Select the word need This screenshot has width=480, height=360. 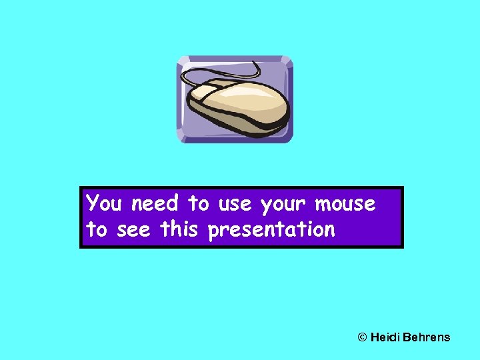click(x=154, y=203)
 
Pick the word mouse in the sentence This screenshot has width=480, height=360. click(x=345, y=203)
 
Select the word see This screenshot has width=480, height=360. click(x=133, y=231)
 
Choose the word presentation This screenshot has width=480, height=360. click(x=271, y=231)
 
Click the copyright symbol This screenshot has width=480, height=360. click(x=363, y=337)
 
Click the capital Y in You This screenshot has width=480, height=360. click(x=93, y=202)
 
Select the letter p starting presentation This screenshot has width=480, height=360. click(x=213, y=232)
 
